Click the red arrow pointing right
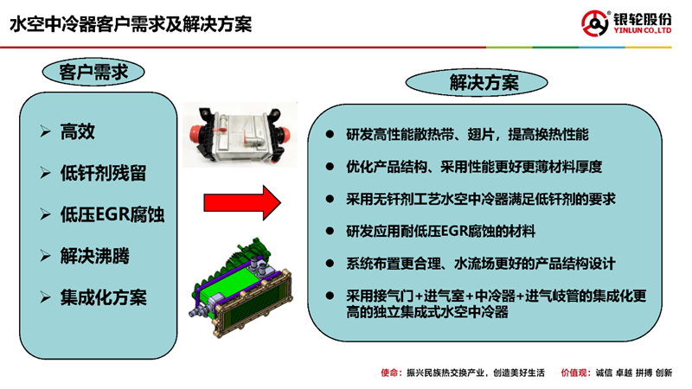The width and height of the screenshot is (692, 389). click(242, 203)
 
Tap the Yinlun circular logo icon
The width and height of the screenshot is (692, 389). click(594, 23)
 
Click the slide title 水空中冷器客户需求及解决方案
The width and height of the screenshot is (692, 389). click(131, 24)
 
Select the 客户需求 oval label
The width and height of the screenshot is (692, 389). click(93, 72)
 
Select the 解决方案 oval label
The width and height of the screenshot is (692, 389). click(477, 82)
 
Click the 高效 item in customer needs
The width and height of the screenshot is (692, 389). click(78, 131)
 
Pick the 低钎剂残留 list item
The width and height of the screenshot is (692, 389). click(103, 173)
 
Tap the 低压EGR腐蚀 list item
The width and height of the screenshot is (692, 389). click(112, 214)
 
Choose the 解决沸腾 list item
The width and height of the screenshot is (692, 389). click(95, 256)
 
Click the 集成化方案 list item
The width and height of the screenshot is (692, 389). click(103, 297)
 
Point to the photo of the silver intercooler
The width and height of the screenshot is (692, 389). click(240, 135)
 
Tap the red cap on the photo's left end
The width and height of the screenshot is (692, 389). click(196, 133)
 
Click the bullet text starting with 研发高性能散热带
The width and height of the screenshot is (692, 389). click(467, 135)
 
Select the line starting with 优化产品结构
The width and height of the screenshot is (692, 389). click(474, 167)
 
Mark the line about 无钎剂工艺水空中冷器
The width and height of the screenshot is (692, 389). click(481, 199)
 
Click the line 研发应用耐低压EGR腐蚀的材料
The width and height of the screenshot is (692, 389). click(440, 231)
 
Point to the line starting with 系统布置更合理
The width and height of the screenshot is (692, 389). click(481, 264)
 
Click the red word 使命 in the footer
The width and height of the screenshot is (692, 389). click(390, 373)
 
